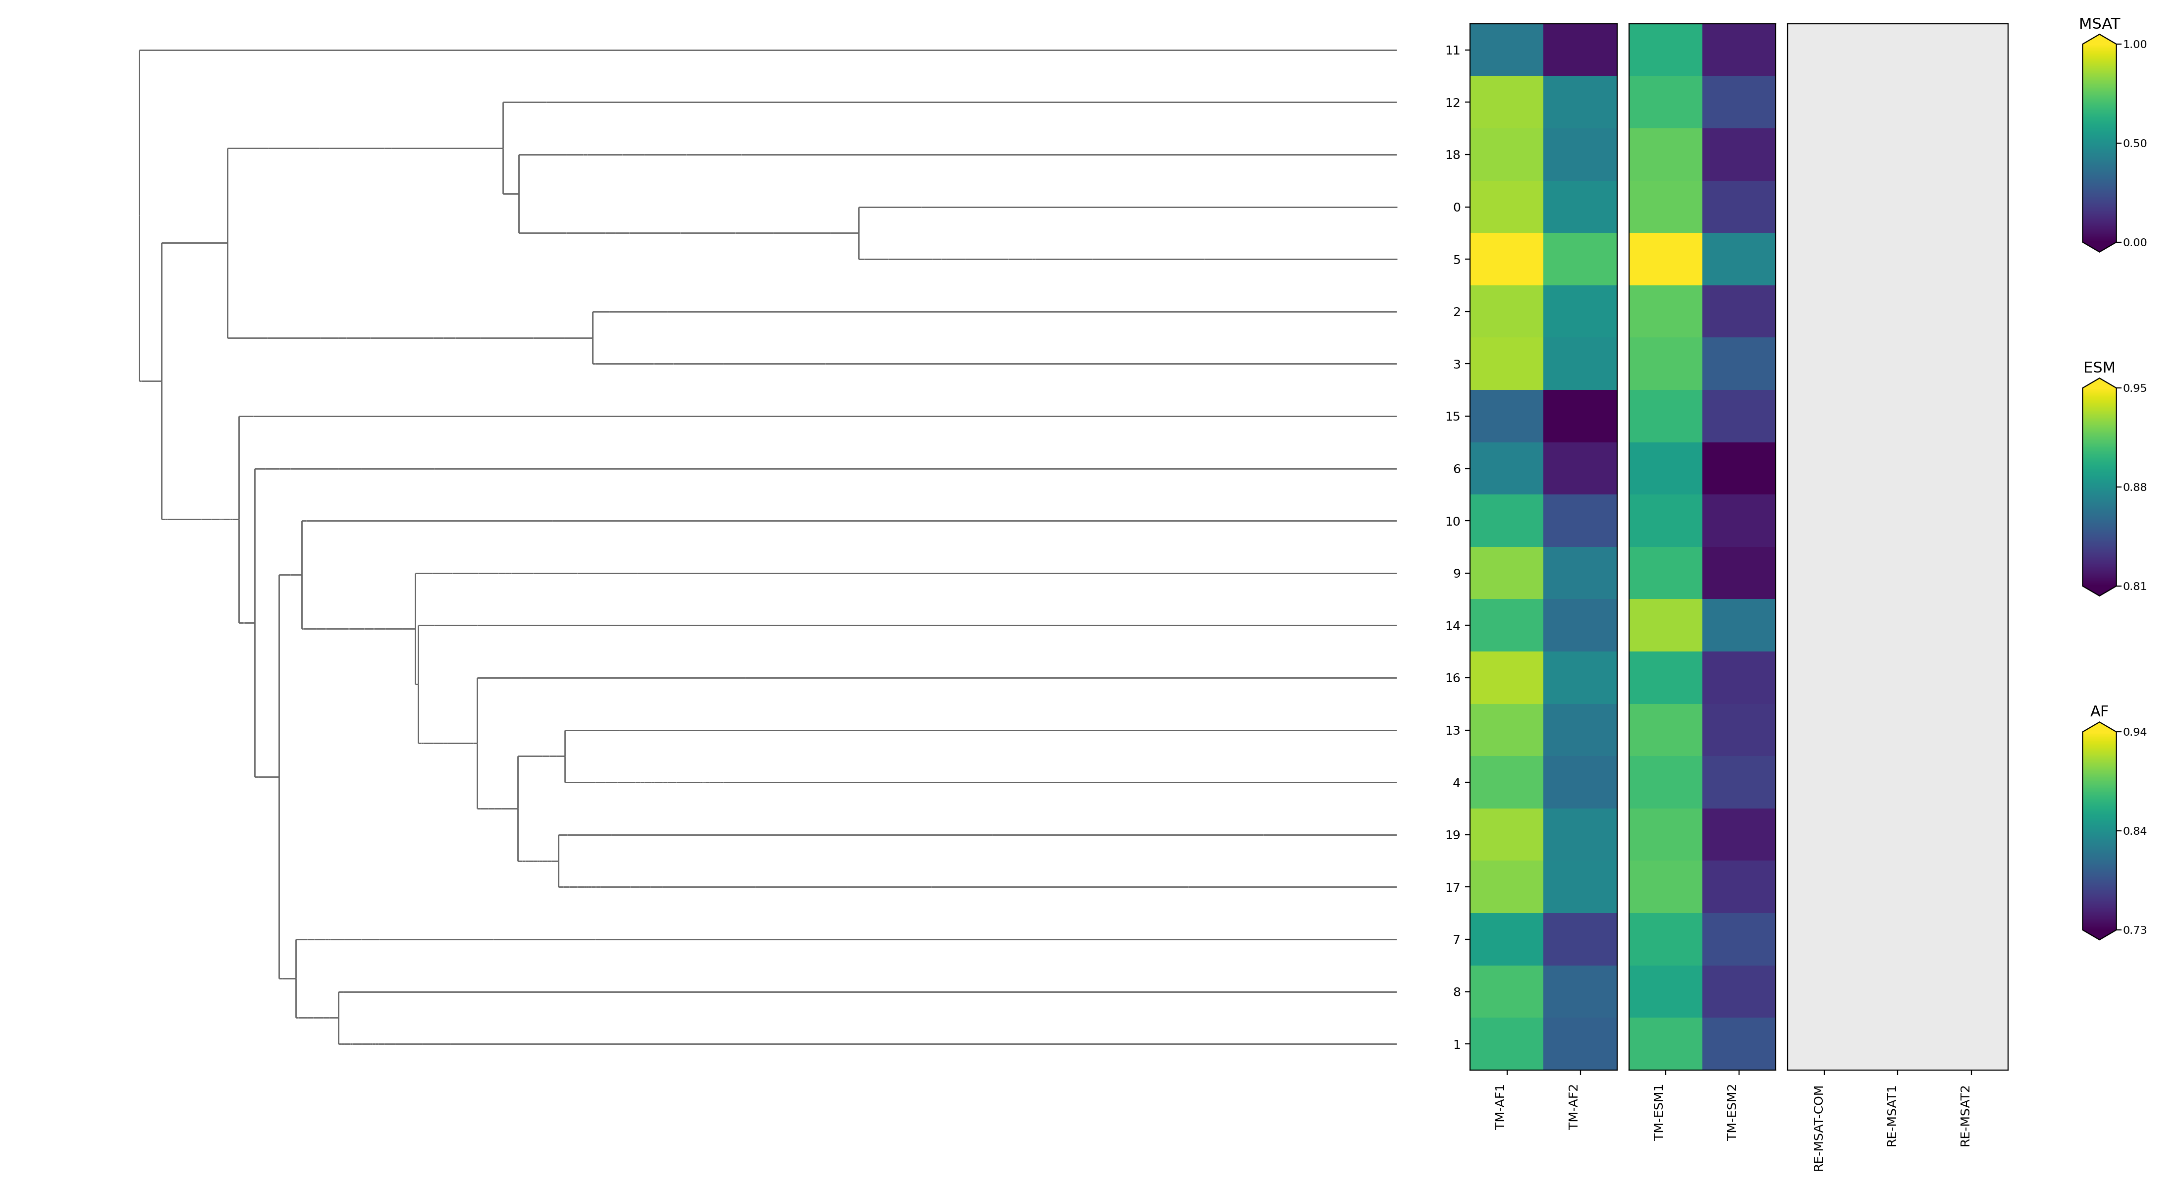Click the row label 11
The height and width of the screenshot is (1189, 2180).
1452,51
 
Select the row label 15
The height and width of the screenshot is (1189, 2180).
1452,416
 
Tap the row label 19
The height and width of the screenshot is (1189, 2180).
1452,835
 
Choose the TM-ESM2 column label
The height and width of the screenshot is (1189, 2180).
1732,1112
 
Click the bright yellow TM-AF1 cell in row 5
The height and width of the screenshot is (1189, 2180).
1506,260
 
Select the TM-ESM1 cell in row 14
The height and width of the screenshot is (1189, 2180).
1665,625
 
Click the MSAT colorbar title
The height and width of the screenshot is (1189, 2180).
2099,24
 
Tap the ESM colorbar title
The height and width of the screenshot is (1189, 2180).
2099,367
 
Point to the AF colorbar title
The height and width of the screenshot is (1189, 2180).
2099,712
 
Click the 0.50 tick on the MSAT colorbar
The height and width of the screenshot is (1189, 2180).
2134,144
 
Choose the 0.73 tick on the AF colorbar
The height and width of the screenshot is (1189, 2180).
2134,930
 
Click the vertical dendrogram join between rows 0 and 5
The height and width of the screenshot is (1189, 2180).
859,233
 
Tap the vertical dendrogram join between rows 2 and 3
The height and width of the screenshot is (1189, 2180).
593,338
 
